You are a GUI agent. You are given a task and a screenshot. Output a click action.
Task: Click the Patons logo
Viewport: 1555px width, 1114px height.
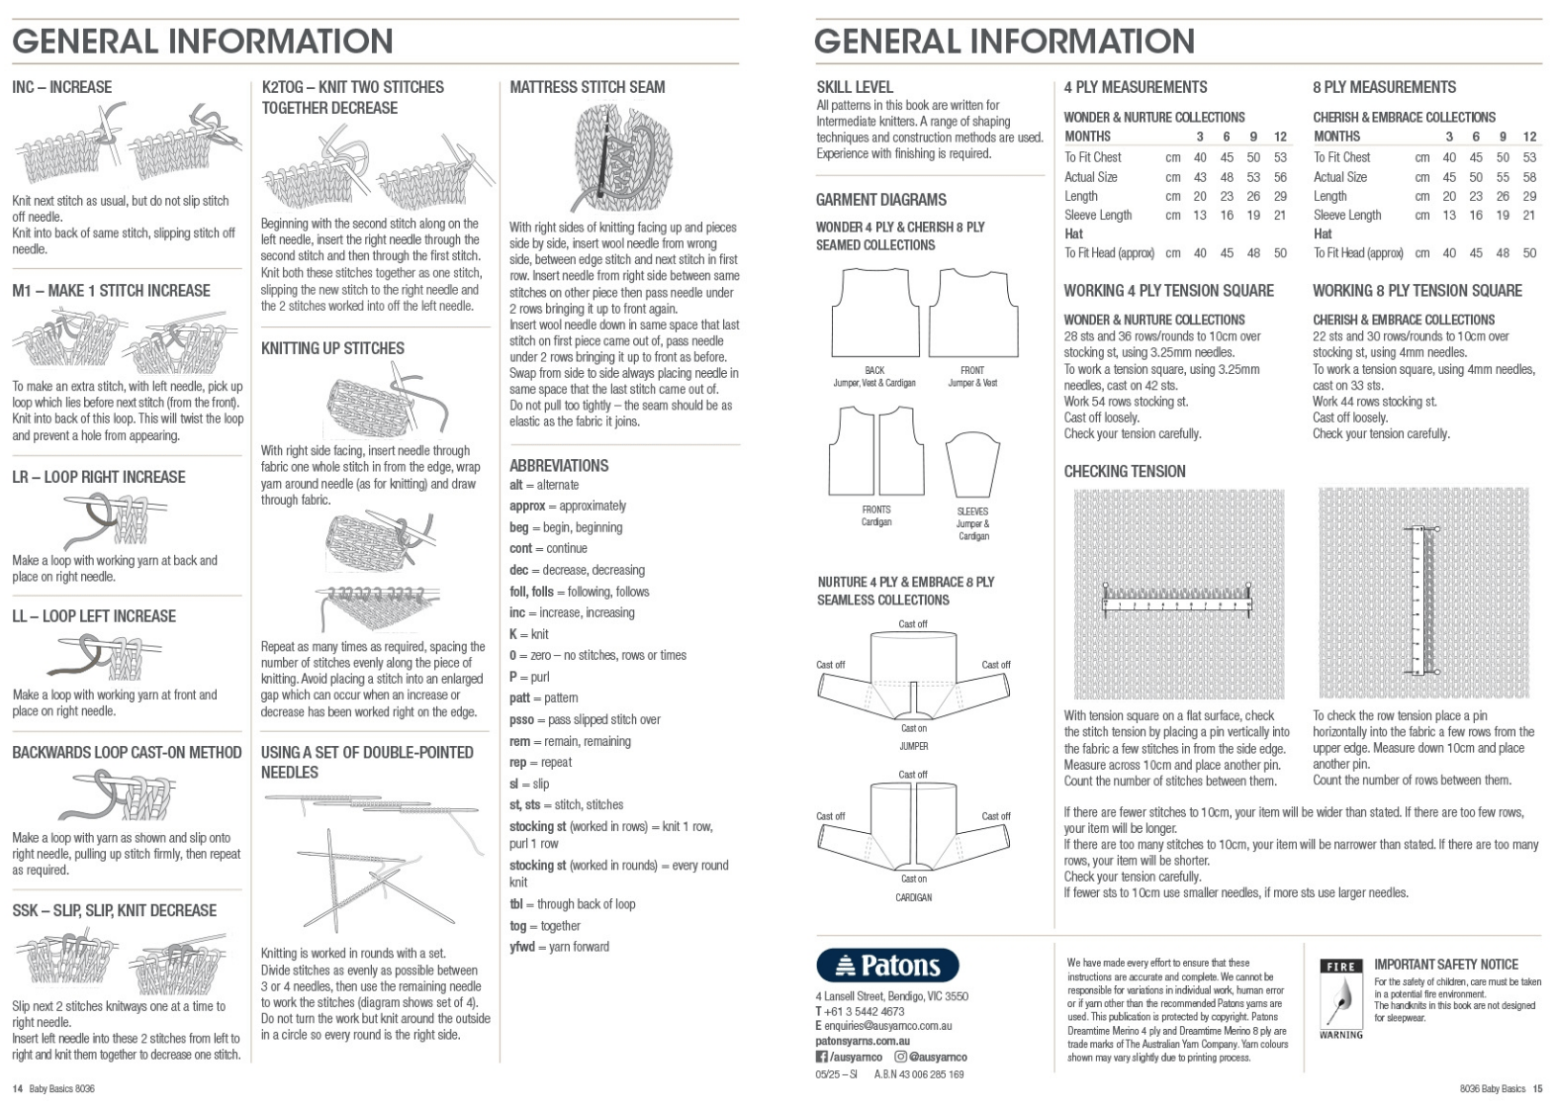[x=887, y=966]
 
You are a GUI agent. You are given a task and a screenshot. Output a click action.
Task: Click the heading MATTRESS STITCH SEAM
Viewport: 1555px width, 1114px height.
[x=587, y=87]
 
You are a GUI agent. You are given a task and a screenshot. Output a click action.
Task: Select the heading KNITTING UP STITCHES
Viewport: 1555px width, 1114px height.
[x=332, y=348]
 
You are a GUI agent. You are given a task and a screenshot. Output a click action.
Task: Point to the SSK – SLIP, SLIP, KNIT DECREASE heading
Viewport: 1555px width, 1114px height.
[x=114, y=910]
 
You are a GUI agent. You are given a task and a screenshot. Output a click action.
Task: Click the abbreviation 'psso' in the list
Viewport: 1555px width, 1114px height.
[x=521, y=720]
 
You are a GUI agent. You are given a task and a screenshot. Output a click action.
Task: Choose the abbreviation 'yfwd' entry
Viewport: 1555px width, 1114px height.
[x=521, y=947]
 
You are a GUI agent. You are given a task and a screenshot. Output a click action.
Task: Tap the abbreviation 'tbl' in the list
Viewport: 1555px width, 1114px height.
[x=516, y=904]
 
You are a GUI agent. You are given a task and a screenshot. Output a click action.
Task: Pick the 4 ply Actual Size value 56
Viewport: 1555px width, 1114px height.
[x=1280, y=177]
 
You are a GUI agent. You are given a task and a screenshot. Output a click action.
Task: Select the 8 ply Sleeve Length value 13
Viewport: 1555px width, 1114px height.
[x=1449, y=215]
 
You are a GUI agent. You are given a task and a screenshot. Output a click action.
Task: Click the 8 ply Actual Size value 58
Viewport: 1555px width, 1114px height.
[x=1529, y=177]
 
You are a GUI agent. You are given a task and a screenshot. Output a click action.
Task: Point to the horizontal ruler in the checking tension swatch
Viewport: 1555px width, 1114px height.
[x=1177, y=602]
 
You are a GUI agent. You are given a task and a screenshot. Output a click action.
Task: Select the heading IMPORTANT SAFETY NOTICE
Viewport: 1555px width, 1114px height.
[x=1445, y=964]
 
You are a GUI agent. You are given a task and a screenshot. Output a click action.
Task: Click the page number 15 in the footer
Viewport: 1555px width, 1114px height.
[x=1537, y=1089]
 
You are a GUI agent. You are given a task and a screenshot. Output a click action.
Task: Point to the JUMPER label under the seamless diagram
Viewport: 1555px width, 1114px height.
[x=913, y=746]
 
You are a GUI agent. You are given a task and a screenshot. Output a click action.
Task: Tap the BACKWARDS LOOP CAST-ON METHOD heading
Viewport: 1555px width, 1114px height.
[x=127, y=753]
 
